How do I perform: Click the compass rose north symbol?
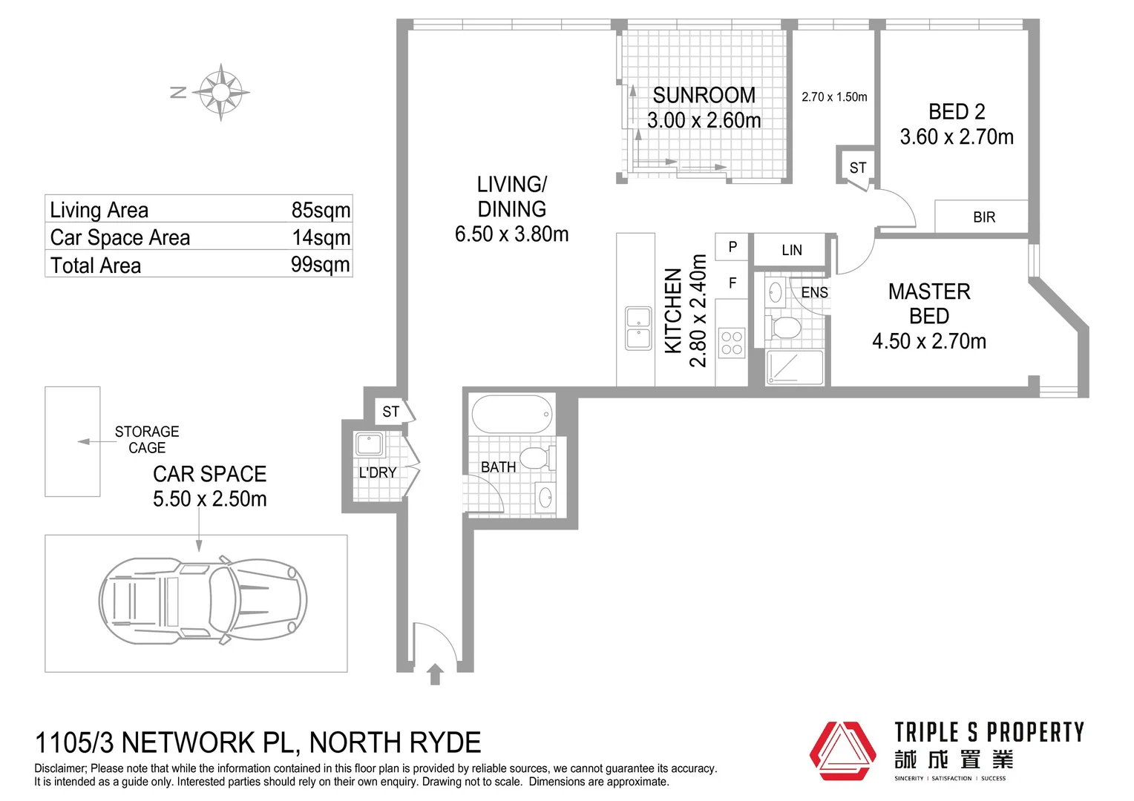coord(220,92)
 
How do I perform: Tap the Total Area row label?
coord(96,266)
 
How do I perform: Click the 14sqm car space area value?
coord(321,238)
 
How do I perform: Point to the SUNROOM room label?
coord(704,95)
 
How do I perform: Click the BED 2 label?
coord(957,112)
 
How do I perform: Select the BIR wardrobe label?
coord(984,217)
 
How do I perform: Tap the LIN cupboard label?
coord(792,250)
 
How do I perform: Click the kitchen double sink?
coord(638,328)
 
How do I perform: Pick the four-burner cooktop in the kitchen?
coord(732,343)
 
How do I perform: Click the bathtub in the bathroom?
coord(512,414)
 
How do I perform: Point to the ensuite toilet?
coord(783,327)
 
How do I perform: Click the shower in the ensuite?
coord(795,367)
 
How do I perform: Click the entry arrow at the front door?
coord(435,674)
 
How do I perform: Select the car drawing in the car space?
coord(203,601)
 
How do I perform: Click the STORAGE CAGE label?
coord(147,440)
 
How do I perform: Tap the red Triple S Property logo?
coord(842,751)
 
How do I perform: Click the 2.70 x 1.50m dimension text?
coord(834,96)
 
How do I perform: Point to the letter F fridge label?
coord(732,283)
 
